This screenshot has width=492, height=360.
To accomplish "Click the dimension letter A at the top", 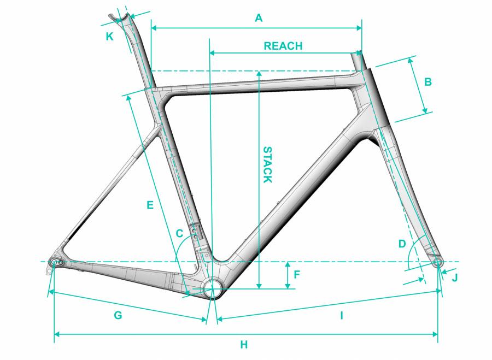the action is (259, 18).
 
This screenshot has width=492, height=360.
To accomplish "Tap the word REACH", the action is (283, 46).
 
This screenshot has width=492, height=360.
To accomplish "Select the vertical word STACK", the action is (267, 164).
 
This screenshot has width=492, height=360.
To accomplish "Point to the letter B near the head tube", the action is (427, 82).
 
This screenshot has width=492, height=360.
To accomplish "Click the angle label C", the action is (179, 233).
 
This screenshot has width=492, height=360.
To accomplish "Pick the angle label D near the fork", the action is (402, 244).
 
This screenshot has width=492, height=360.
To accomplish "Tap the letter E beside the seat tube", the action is (150, 205).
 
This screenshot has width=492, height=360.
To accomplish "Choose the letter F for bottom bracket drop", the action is (296, 275).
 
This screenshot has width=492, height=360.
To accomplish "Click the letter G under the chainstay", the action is (118, 315).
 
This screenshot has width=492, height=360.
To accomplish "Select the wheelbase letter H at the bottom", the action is (244, 345).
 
